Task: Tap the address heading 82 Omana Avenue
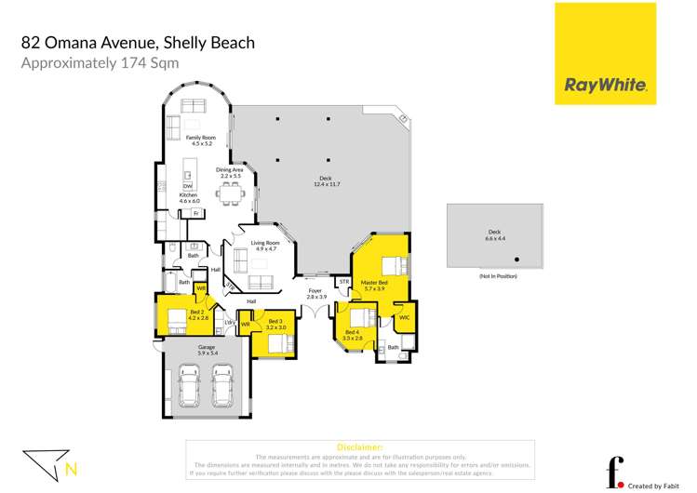pos(138,44)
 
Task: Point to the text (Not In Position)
pos(498,277)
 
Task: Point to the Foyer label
pos(316,293)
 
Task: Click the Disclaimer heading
pos(358,447)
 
